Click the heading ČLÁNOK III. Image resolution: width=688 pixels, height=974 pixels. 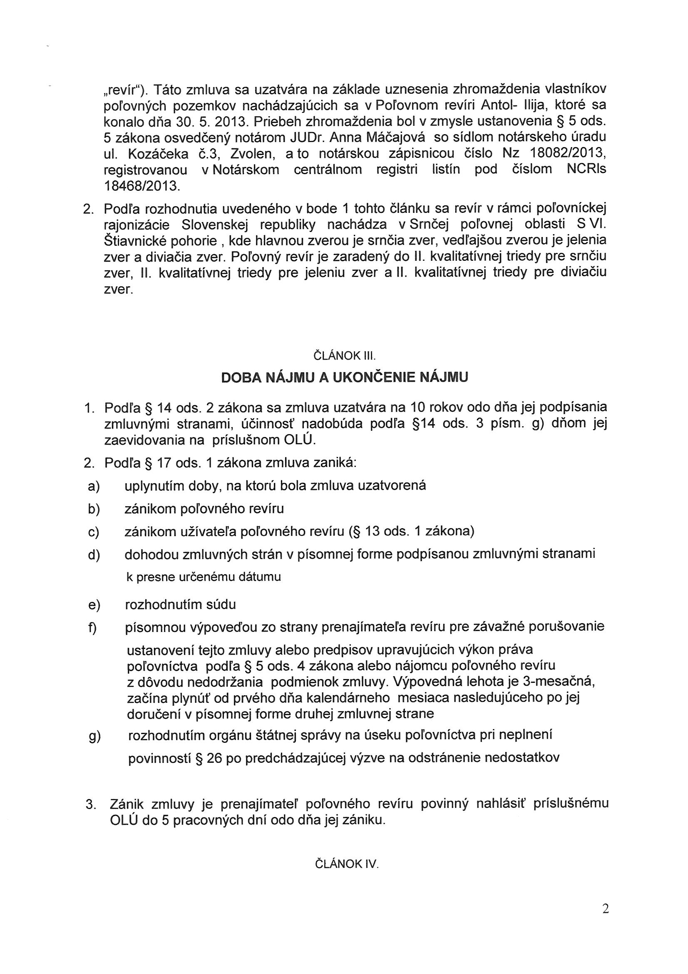click(344, 355)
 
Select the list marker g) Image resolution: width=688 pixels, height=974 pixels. click(94, 737)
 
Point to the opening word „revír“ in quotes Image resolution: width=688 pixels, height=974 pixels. click(127, 90)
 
